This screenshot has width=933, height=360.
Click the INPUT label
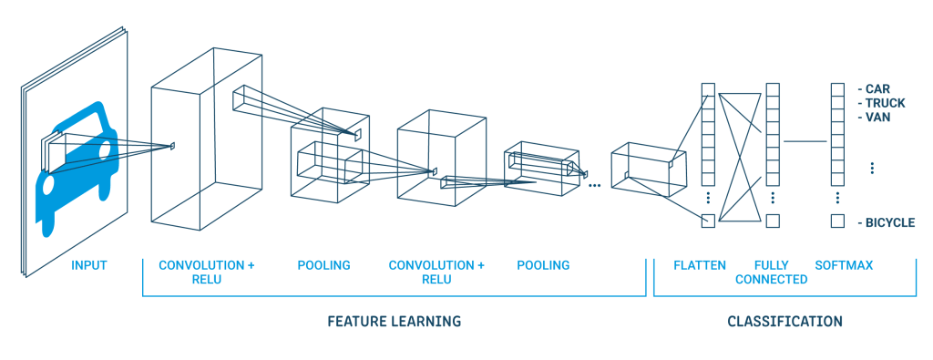(x=89, y=265)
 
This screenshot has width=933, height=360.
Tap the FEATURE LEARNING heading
(x=394, y=322)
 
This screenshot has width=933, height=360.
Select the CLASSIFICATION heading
(x=784, y=322)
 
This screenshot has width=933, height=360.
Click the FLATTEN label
(x=700, y=265)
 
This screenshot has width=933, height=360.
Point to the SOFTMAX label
(x=844, y=265)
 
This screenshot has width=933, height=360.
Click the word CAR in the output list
(x=877, y=90)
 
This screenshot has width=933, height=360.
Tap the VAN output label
(x=878, y=118)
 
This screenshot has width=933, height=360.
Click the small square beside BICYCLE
(x=837, y=221)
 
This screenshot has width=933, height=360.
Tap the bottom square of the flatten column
(x=708, y=221)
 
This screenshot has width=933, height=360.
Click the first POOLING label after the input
(x=323, y=265)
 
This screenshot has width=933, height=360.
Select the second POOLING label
(x=543, y=265)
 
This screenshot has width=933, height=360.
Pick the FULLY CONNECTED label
(x=772, y=273)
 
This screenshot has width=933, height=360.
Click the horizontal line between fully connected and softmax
(x=805, y=142)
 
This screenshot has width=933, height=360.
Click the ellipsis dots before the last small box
(x=595, y=184)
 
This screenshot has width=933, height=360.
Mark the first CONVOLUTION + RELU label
(x=207, y=272)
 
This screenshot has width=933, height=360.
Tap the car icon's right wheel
(x=101, y=219)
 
